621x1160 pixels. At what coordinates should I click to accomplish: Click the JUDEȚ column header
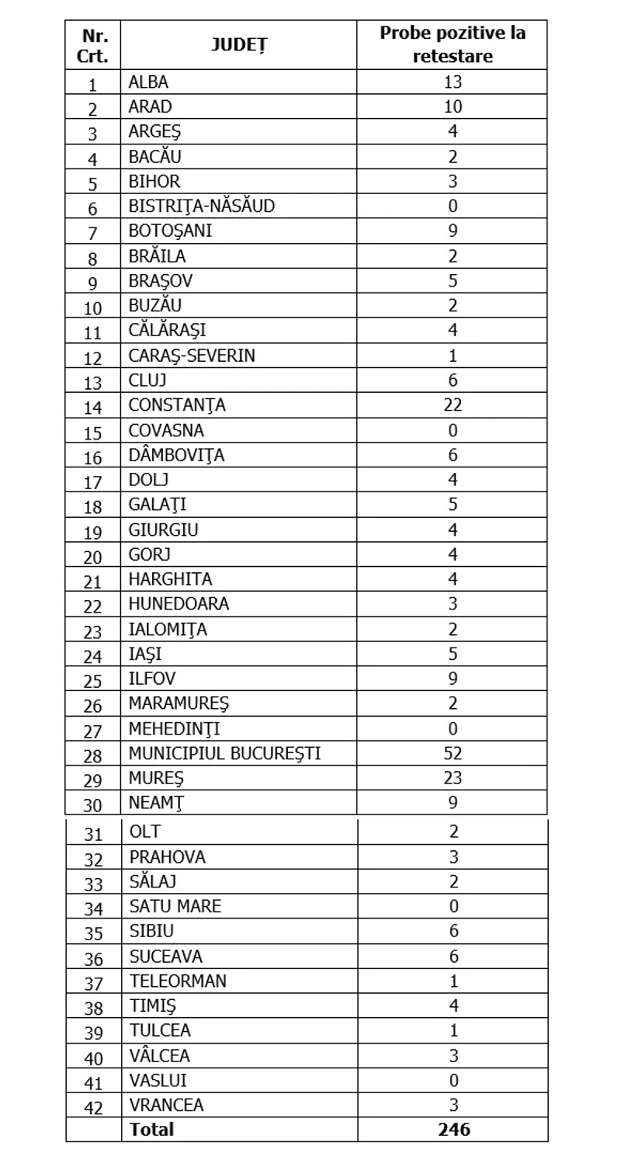pyautogui.click(x=239, y=45)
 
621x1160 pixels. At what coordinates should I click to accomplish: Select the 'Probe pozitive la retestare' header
pyautogui.click(x=453, y=44)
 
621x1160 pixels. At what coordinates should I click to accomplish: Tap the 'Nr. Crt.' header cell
pyautogui.click(x=93, y=45)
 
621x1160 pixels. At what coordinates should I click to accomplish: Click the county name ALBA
pyautogui.click(x=148, y=82)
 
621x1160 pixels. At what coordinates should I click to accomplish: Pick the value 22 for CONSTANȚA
pyautogui.click(x=453, y=405)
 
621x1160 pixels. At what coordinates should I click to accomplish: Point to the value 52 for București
pyautogui.click(x=453, y=753)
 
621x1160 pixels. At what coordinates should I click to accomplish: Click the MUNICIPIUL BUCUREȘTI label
pyautogui.click(x=225, y=753)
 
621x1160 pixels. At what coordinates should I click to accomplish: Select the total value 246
pyautogui.click(x=453, y=1129)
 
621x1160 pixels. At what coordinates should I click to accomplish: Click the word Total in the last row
pyautogui.click(x=152, y=1129)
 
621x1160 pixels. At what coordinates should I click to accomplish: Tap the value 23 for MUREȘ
pyautogui.click(x=453, y=778)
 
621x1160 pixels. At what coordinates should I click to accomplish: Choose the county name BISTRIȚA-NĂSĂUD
pyautogui.click(x=202, y=207)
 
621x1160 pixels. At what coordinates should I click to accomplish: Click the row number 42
pyautogui.click(x=93, y=1106)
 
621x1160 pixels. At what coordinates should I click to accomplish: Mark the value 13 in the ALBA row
pyautogui.click(x=453, y=82)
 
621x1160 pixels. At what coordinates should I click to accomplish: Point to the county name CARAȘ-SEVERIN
pyautogui.click(x=192, y=356)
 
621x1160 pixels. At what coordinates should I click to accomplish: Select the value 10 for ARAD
pyautogui.click(x=453, y=107)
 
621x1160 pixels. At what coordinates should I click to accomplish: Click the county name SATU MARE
pyautogui.click(x=175, y=906)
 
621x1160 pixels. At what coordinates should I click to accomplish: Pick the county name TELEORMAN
pyautogui.click(x=179, y=981)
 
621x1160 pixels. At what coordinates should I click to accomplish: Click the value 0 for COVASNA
pyautogui.click(x=453, y=430)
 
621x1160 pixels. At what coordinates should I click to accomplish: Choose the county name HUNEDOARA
pyautogui.click(x=179, y=604)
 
